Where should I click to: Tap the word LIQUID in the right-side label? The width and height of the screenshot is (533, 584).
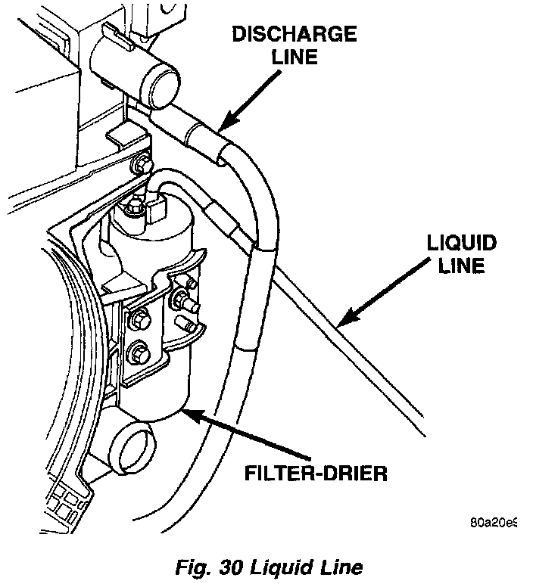tap(461, 244)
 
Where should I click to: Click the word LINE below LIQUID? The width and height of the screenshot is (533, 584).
tap(461, 267)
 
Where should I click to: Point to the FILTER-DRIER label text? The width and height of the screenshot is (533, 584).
tap(316, 474)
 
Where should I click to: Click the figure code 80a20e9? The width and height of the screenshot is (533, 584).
tap(493, 522)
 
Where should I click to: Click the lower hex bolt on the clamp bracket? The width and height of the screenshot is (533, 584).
tap(139, 353)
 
